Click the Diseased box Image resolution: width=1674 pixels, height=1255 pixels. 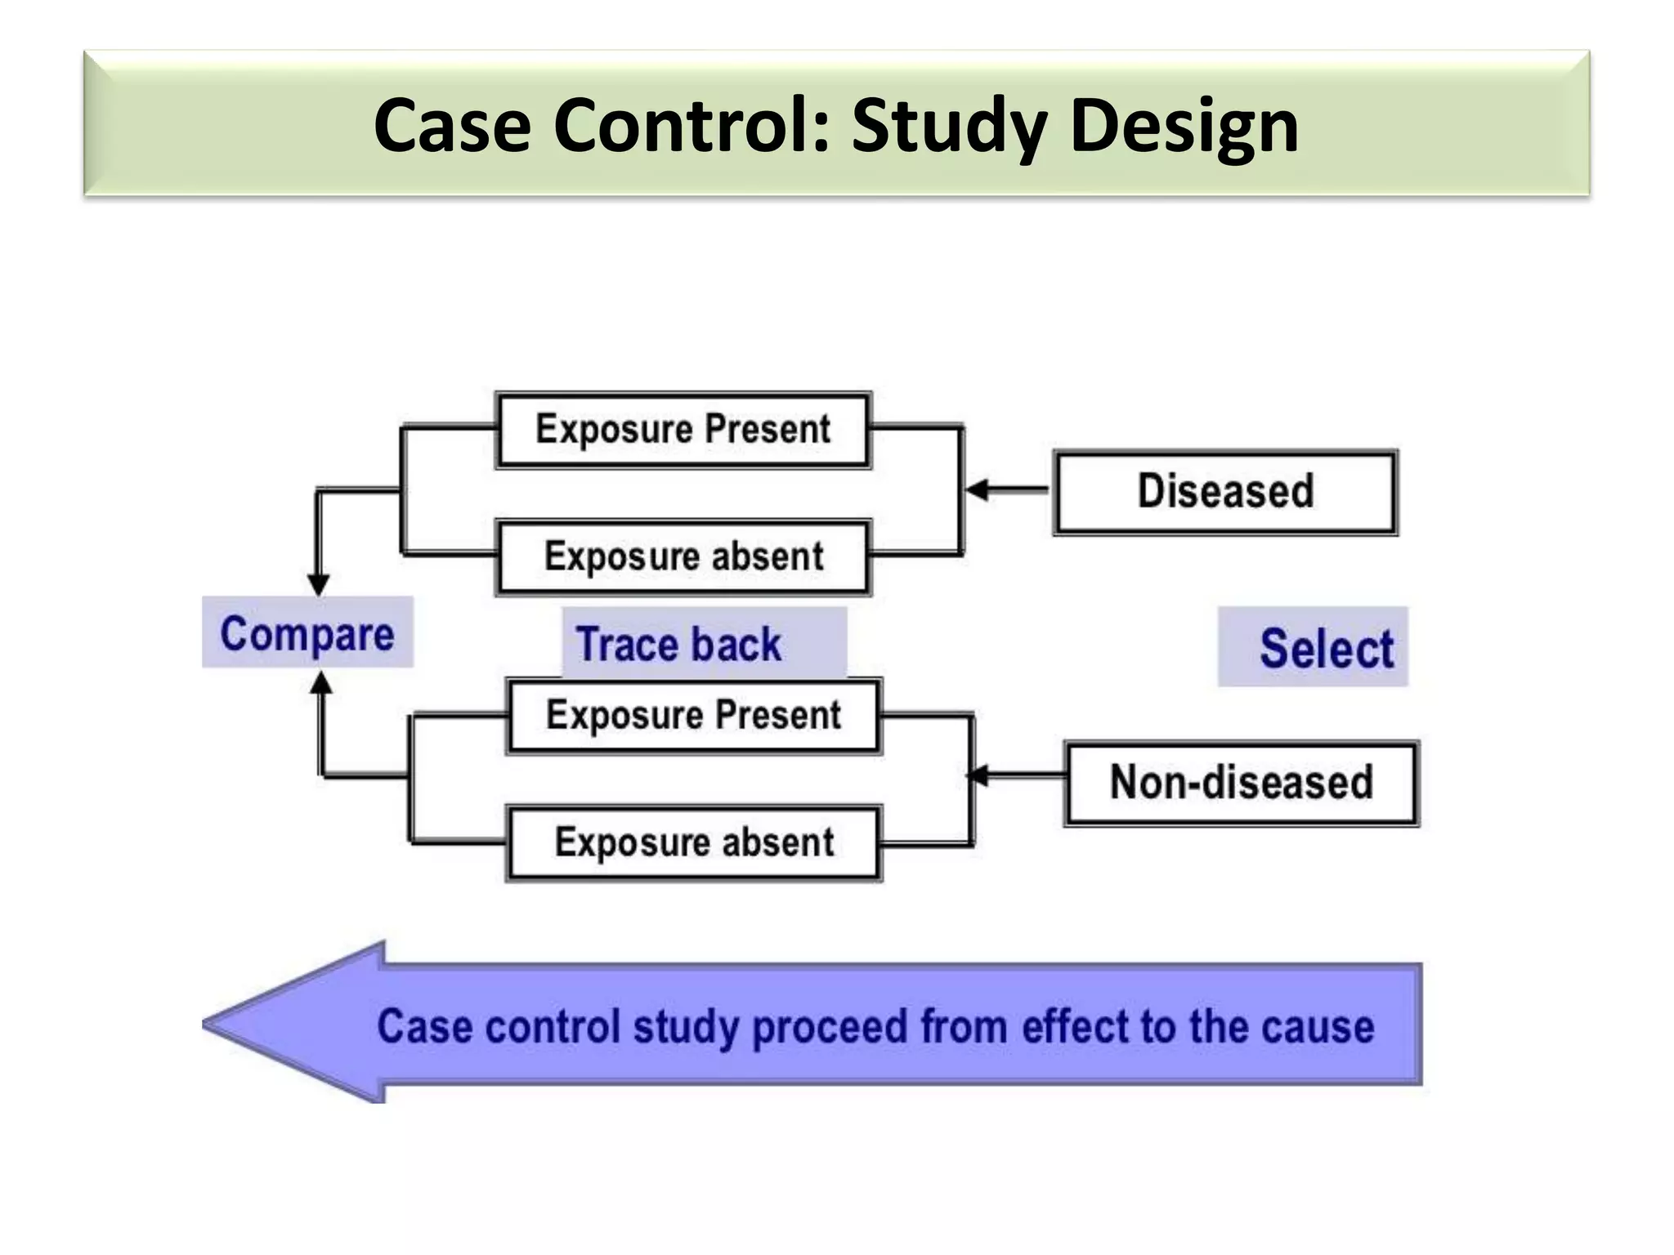click(1225, 492)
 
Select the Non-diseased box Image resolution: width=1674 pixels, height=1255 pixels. click(1241, 783)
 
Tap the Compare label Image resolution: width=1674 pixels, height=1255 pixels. click(307, 633)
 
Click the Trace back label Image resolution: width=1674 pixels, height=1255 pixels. click(679, 644)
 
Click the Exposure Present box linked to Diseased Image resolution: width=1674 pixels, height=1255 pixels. click(683, 430)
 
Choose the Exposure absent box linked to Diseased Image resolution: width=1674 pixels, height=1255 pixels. click(683, 557)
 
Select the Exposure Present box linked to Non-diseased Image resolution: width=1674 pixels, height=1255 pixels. click(693, 715)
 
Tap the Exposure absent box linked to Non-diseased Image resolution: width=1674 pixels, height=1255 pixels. click(693, 842)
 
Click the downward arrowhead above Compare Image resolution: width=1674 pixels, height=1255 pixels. click(318, 584)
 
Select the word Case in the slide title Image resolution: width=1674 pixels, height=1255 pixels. click(452, 127)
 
